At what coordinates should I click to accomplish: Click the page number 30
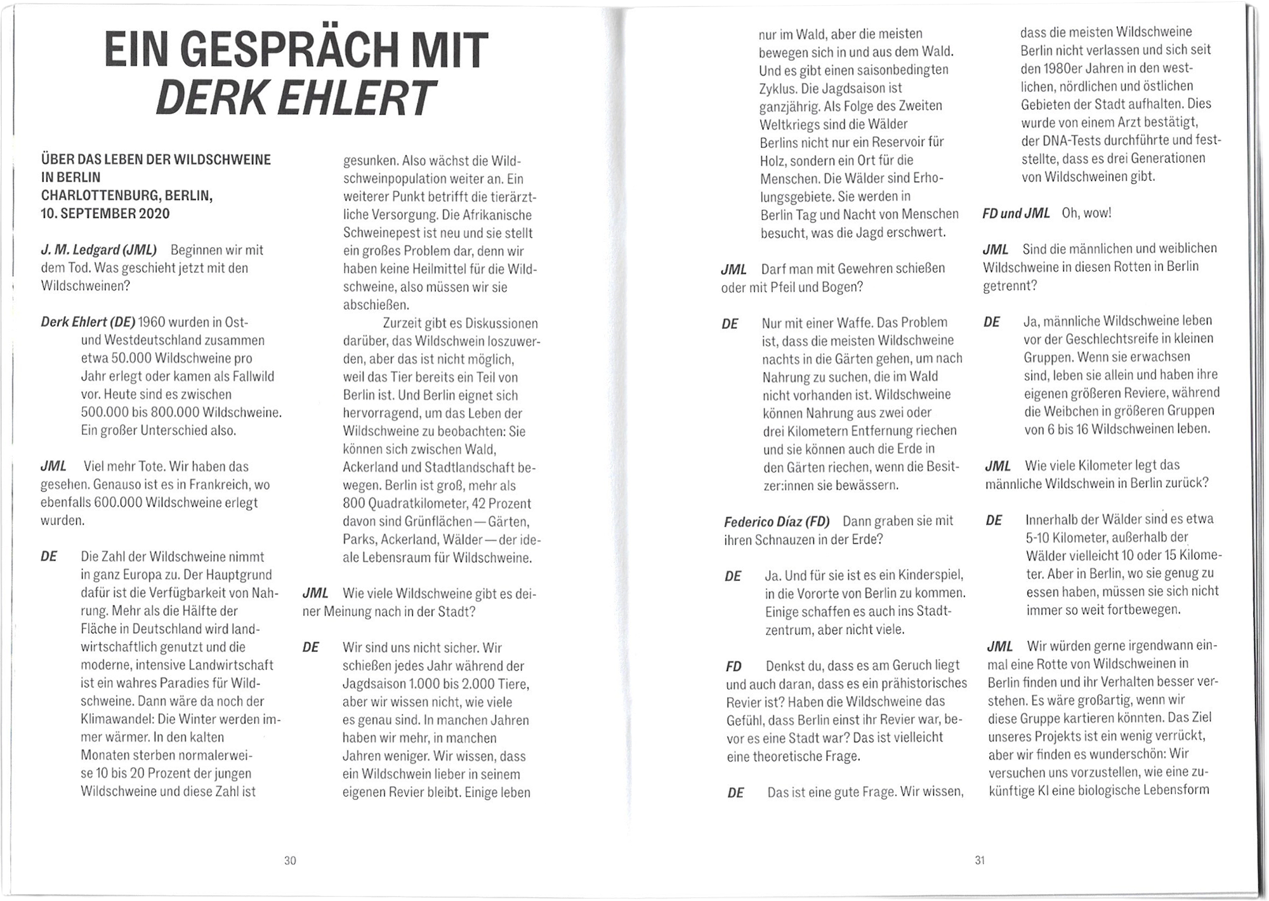[x=290, y=860]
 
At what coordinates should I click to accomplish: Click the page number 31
[x=980, y=860]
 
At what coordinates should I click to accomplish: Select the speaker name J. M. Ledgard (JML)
[x=99, y=250]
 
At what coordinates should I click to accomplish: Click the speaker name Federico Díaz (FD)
[x=777, y=522]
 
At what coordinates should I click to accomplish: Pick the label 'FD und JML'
[x=1016, y=213]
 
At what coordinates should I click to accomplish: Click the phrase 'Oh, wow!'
[x=1086, y=213]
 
